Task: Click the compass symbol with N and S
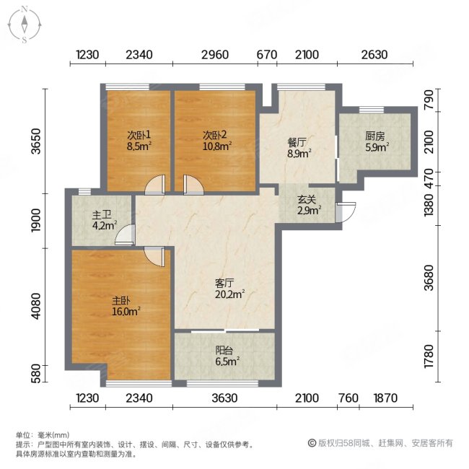pyautogui.click(x=24, y=25)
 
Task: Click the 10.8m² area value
pyautogui.click(x=216, y=146)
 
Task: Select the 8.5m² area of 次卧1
pyautogui.click(x=139, y=146)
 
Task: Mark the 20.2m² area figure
pyautogui.click(x=230, y=294)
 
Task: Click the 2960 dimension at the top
pyautogui.click(x=214, y=55)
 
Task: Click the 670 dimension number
pyautogui.click(x=267, y=55)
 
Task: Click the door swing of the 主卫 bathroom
pyautogui.click(x=126, y=234)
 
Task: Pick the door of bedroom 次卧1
pyautogui.click(x=154, y=186)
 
